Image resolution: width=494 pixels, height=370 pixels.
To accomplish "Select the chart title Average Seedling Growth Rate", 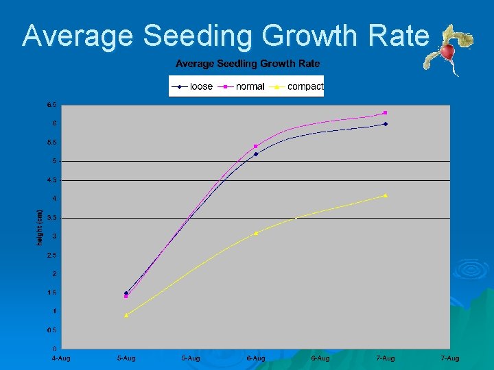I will coord(248,64).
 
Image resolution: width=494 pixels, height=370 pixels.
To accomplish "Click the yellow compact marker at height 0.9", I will coord(126,315).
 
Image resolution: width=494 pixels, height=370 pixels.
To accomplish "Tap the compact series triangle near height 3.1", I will coord(256,233).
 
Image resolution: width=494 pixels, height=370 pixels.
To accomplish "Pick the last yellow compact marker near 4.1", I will coord(386,195).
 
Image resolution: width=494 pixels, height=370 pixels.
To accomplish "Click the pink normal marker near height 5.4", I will coord(256,146).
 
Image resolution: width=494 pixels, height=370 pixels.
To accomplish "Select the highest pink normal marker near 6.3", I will coord(386,112).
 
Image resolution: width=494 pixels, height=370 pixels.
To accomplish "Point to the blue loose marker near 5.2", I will coord(256,154).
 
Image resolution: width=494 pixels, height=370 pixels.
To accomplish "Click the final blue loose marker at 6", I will coord(386,124).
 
